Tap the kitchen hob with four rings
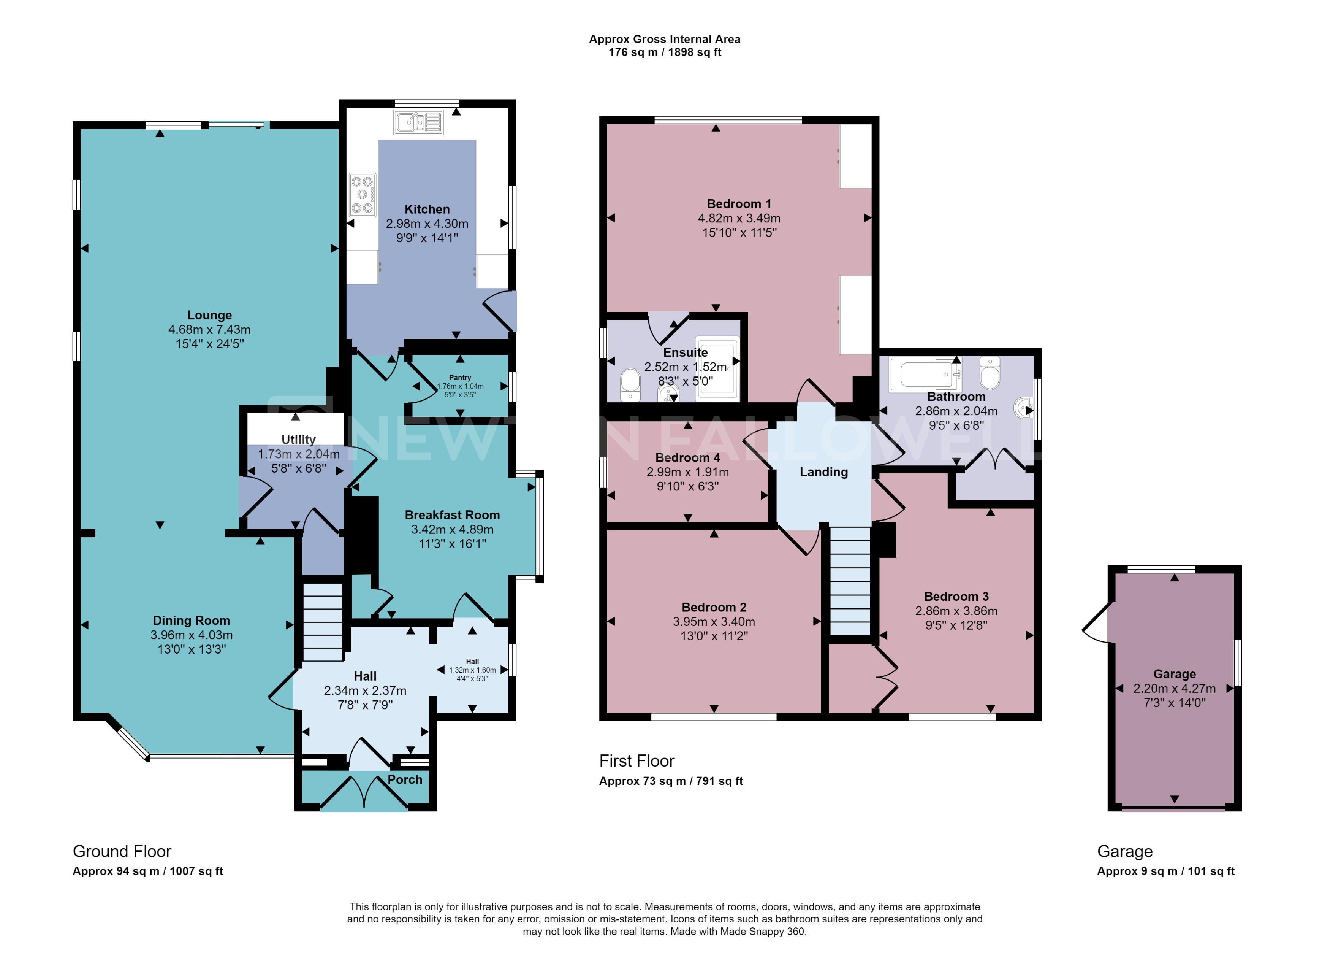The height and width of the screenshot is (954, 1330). pyautogui.click(x=362, y=195)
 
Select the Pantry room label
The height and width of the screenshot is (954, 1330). pyautogui.click(x=460, y=377)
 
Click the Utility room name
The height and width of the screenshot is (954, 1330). pyautogui.click(x=298, y=440)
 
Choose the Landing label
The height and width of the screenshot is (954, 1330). pyautogui.click(x=823, y=472)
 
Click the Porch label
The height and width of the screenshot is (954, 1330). pyautogui.click(x=405, y=780)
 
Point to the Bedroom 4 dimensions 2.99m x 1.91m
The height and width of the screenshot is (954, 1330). pyautogui.click(x=687, y=472)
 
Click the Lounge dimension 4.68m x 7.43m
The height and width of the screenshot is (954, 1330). pyautogui.click(x=209, y=330)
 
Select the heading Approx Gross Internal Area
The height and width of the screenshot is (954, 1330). pyautogui.click(x=664, y=39)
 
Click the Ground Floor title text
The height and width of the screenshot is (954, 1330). pyautogui.click(x=122, y=851)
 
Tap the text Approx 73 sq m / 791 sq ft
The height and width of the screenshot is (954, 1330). pyautogui.click(x=670, y=781)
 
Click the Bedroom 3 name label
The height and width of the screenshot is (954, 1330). pyautogui.click(x=956, y=597)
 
